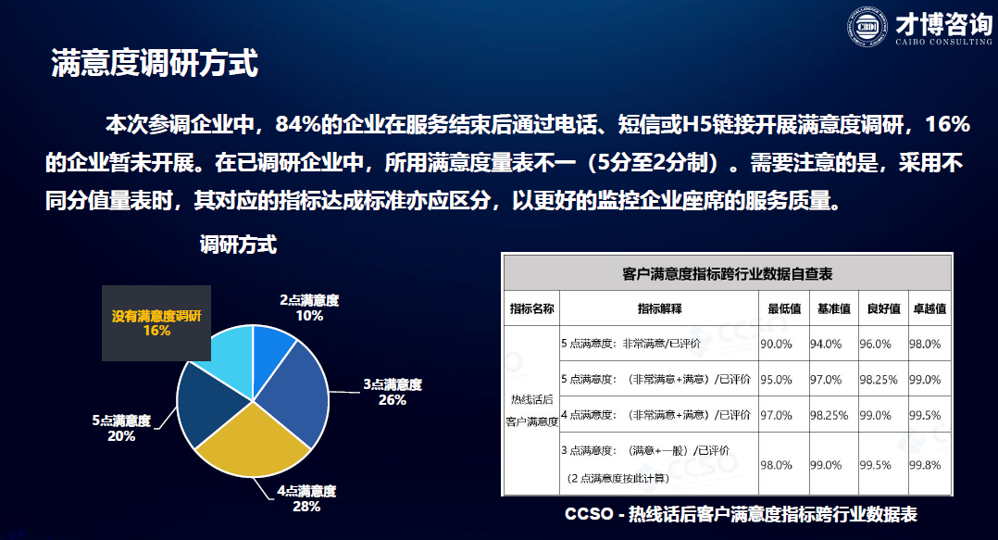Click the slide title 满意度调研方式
point(155,63)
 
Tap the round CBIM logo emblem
point(867,27)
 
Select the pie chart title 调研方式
point(238,245)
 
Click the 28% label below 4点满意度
point(306,507)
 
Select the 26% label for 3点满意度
point(393,400)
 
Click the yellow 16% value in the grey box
point(156,331)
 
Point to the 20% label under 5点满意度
point(121,436)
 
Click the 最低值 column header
point(784,308)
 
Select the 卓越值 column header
point(929,308)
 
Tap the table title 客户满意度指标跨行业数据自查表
point(728,274)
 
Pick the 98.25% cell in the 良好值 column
point(879,380)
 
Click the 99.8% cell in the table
point(925,465)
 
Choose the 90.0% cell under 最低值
point(776,344)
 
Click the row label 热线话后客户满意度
point(532,410)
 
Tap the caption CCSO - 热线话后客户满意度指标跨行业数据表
point(741,515)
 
